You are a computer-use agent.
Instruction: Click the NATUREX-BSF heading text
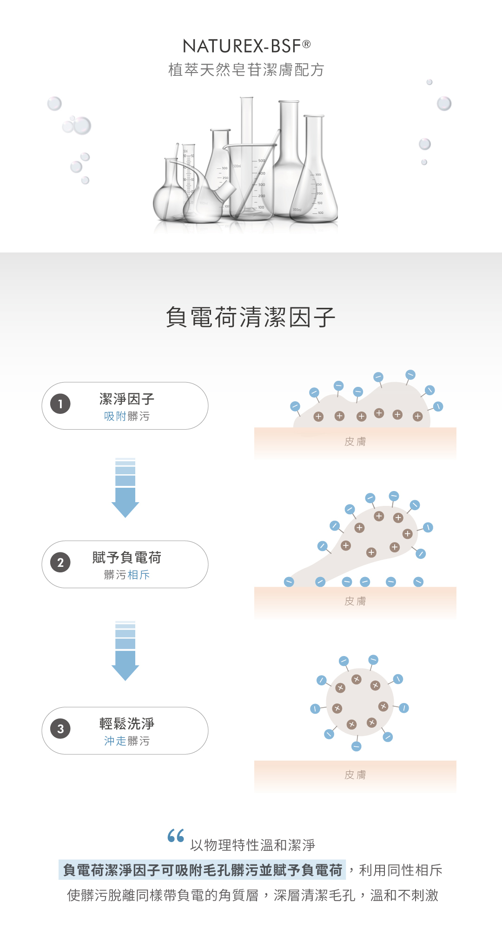[242, 46]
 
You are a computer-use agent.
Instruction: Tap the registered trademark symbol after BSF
[306, 44]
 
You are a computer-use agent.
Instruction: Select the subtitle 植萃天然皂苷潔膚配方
[246, 70]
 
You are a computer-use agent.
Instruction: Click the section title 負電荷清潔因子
[251, 318]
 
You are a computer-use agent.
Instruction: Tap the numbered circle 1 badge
[60, 404]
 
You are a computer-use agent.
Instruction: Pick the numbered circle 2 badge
[60, 563]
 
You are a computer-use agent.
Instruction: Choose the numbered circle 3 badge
[60, 729]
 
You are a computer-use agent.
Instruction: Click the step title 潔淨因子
[126, 398]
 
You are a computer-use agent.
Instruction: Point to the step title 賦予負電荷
[126, 557]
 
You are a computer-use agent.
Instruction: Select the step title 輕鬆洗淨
[126, 724]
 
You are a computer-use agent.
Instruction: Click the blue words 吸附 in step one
[115, 416]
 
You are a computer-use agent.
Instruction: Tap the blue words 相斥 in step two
[139, 575]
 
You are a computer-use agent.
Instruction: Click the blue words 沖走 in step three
[115, 741]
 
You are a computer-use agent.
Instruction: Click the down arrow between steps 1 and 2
[125, 488]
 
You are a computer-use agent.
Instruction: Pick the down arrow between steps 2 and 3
[125, 651]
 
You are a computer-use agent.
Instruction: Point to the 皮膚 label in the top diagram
[355, 442]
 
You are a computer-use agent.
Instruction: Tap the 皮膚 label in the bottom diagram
[355, 775]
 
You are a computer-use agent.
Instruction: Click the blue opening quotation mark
[176, 836]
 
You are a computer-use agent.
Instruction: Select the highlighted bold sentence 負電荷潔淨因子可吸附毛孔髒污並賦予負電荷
[202, 870]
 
